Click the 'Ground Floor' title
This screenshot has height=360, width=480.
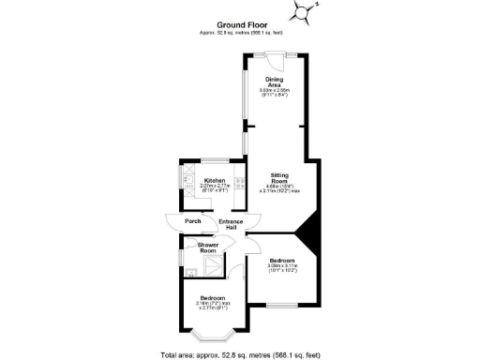(239, 24)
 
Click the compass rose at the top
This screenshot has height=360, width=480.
(306, 10)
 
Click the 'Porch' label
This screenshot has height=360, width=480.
(192, 221)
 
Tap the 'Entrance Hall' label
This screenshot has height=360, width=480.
(231, 225)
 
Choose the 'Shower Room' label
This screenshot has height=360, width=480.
(207, 247)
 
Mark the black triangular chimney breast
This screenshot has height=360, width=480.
(310, 233)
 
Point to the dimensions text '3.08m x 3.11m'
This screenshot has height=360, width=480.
(282, 265)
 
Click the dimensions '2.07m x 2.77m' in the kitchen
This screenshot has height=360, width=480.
(215, 186)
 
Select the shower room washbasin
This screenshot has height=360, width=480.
(191, 273)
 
